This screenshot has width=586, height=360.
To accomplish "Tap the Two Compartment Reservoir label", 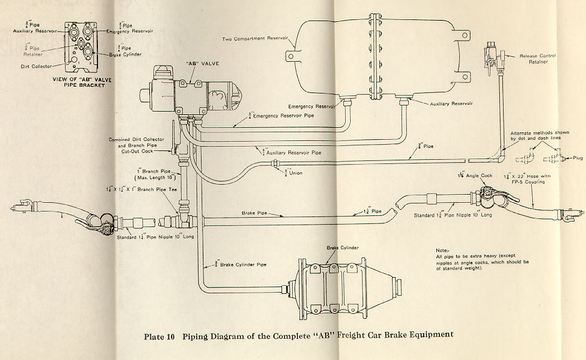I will pos(255,39).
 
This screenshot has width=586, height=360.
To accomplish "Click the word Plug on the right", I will pos(577,158).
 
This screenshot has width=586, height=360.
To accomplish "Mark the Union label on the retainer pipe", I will pos(295,173).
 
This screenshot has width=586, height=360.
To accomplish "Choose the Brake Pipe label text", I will pos(255,213).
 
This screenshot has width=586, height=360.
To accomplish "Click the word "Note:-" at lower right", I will pos(443,249).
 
